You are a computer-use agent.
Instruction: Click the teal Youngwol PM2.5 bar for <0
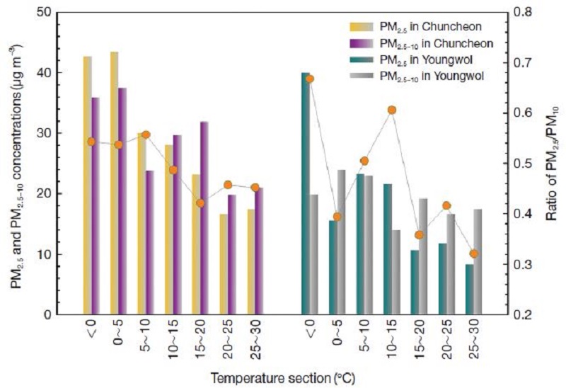point(306,193)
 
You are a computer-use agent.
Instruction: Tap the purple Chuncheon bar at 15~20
point(204,218)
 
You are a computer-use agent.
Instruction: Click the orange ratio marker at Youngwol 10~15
point(392,110)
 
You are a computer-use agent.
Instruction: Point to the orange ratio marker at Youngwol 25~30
point(474,254)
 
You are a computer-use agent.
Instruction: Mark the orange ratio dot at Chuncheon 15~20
point(200,203)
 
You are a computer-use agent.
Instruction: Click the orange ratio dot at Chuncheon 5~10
point(146,135)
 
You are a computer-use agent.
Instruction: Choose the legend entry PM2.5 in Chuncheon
point(415,27)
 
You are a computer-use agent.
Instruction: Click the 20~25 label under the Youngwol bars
point(446,339)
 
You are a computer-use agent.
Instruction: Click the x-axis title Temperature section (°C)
point(283,379)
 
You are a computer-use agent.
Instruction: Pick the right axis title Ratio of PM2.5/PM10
point(552,163)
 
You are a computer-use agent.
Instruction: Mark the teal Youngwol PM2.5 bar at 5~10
point(360,244)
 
